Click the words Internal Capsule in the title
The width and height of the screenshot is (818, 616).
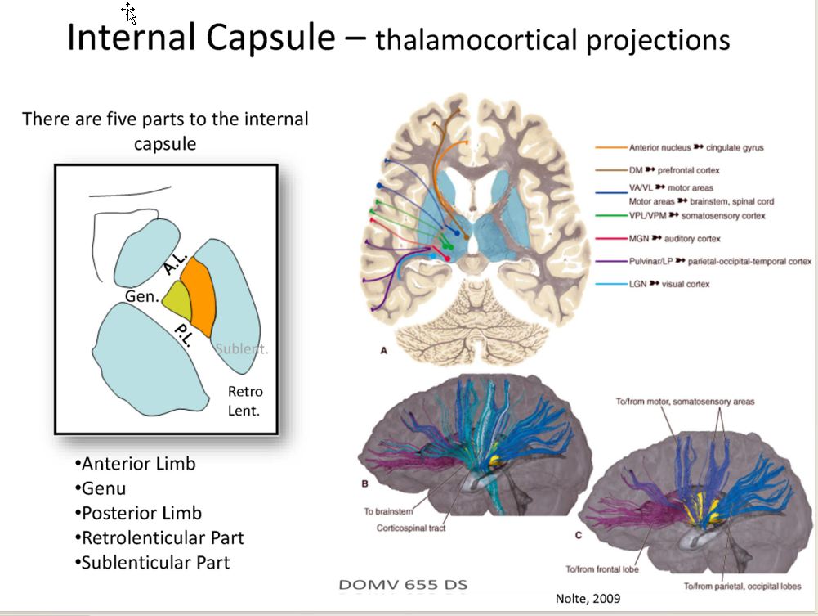click(x=203, y=38)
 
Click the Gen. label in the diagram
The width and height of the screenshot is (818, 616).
click(x=141, y=296)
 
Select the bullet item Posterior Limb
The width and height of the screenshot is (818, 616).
click(x=140, y=513)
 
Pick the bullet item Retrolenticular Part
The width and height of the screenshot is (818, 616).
click(x=161, y=537)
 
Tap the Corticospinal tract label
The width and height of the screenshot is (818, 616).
click(x=410, y=528)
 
